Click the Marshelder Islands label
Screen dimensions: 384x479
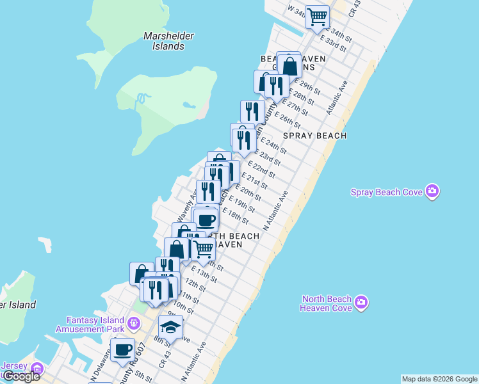point(169,41)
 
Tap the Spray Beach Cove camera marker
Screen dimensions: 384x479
point(433,191)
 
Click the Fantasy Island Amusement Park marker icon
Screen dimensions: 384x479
point(133,321)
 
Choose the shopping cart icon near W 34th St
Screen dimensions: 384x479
point(317,17)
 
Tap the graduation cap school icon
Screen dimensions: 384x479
point(170,327)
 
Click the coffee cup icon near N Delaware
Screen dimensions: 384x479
point(122,349)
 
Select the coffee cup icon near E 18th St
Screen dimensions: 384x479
point(206,220)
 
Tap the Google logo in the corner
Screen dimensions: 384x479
point(20,376)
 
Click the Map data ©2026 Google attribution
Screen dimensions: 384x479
point(439,379)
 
